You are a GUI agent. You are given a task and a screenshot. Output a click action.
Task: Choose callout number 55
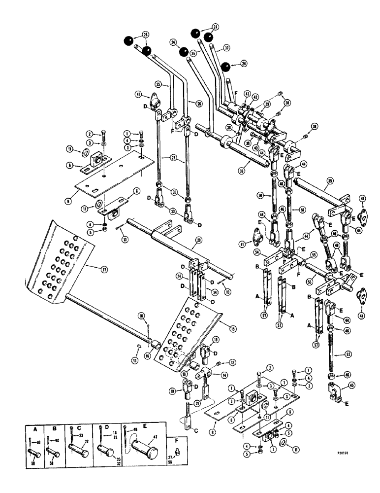point(313,255)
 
